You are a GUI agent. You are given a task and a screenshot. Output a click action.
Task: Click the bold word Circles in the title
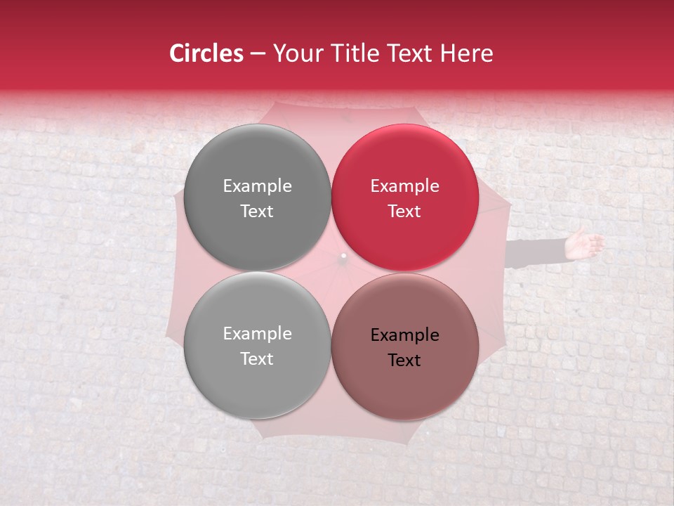click(x=206, y=53)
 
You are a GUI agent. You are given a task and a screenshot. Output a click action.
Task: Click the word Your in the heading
click(x=296, y=53)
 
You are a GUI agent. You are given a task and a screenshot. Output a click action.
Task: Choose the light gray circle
click(x=257, y=379)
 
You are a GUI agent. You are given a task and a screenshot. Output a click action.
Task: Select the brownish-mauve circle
click(x=404, y=379)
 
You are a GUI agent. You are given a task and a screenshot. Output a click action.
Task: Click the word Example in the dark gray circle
click(x=257, y=186)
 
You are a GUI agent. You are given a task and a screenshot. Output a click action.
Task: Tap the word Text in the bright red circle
click(x=404, y=212)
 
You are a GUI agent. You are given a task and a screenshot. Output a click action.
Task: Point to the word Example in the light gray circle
click(x=257, y=334)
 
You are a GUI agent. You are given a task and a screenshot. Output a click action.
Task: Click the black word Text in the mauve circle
click(x=404, y=361)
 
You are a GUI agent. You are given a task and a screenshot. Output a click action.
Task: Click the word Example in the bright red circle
click(x=404, y=186)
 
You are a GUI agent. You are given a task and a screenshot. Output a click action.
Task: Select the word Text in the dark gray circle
click(x=257, y=212)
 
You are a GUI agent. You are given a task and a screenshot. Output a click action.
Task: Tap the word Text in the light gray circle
click(x=257, y=359)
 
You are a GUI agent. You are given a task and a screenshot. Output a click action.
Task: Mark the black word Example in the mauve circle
click(x=404, y=335)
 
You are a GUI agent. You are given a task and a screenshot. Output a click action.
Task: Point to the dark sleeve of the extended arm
click(x=537, y=252)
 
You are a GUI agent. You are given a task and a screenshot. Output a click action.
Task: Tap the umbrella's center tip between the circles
click(x=343, y=256)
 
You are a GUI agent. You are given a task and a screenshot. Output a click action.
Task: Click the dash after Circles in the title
click(x=258, y=54)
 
